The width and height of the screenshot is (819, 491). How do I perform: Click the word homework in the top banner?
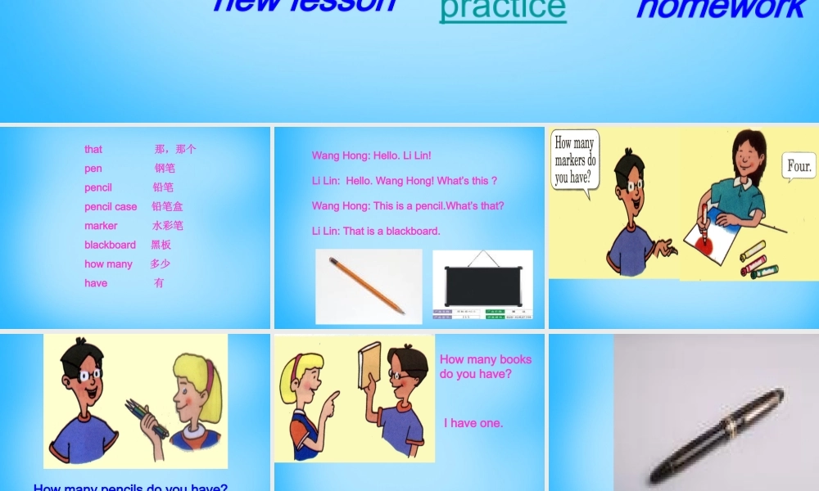coord(722,8)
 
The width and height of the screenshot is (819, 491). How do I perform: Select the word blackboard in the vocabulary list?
coord(110,245)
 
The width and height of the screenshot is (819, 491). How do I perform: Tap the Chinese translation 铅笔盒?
coord(167,206)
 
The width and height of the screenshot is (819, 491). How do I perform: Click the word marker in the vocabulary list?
coord(101,226)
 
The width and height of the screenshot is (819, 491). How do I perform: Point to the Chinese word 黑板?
coord(161,245)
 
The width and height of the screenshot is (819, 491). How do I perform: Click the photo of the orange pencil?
coord(368,286)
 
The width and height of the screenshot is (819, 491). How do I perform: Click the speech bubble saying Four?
coord(799,167)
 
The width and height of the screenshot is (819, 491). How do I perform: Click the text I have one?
coord(473,423)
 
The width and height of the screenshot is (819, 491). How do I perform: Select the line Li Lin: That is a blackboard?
coord(376,231)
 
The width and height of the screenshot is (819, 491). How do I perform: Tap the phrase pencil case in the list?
coord(111,207)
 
